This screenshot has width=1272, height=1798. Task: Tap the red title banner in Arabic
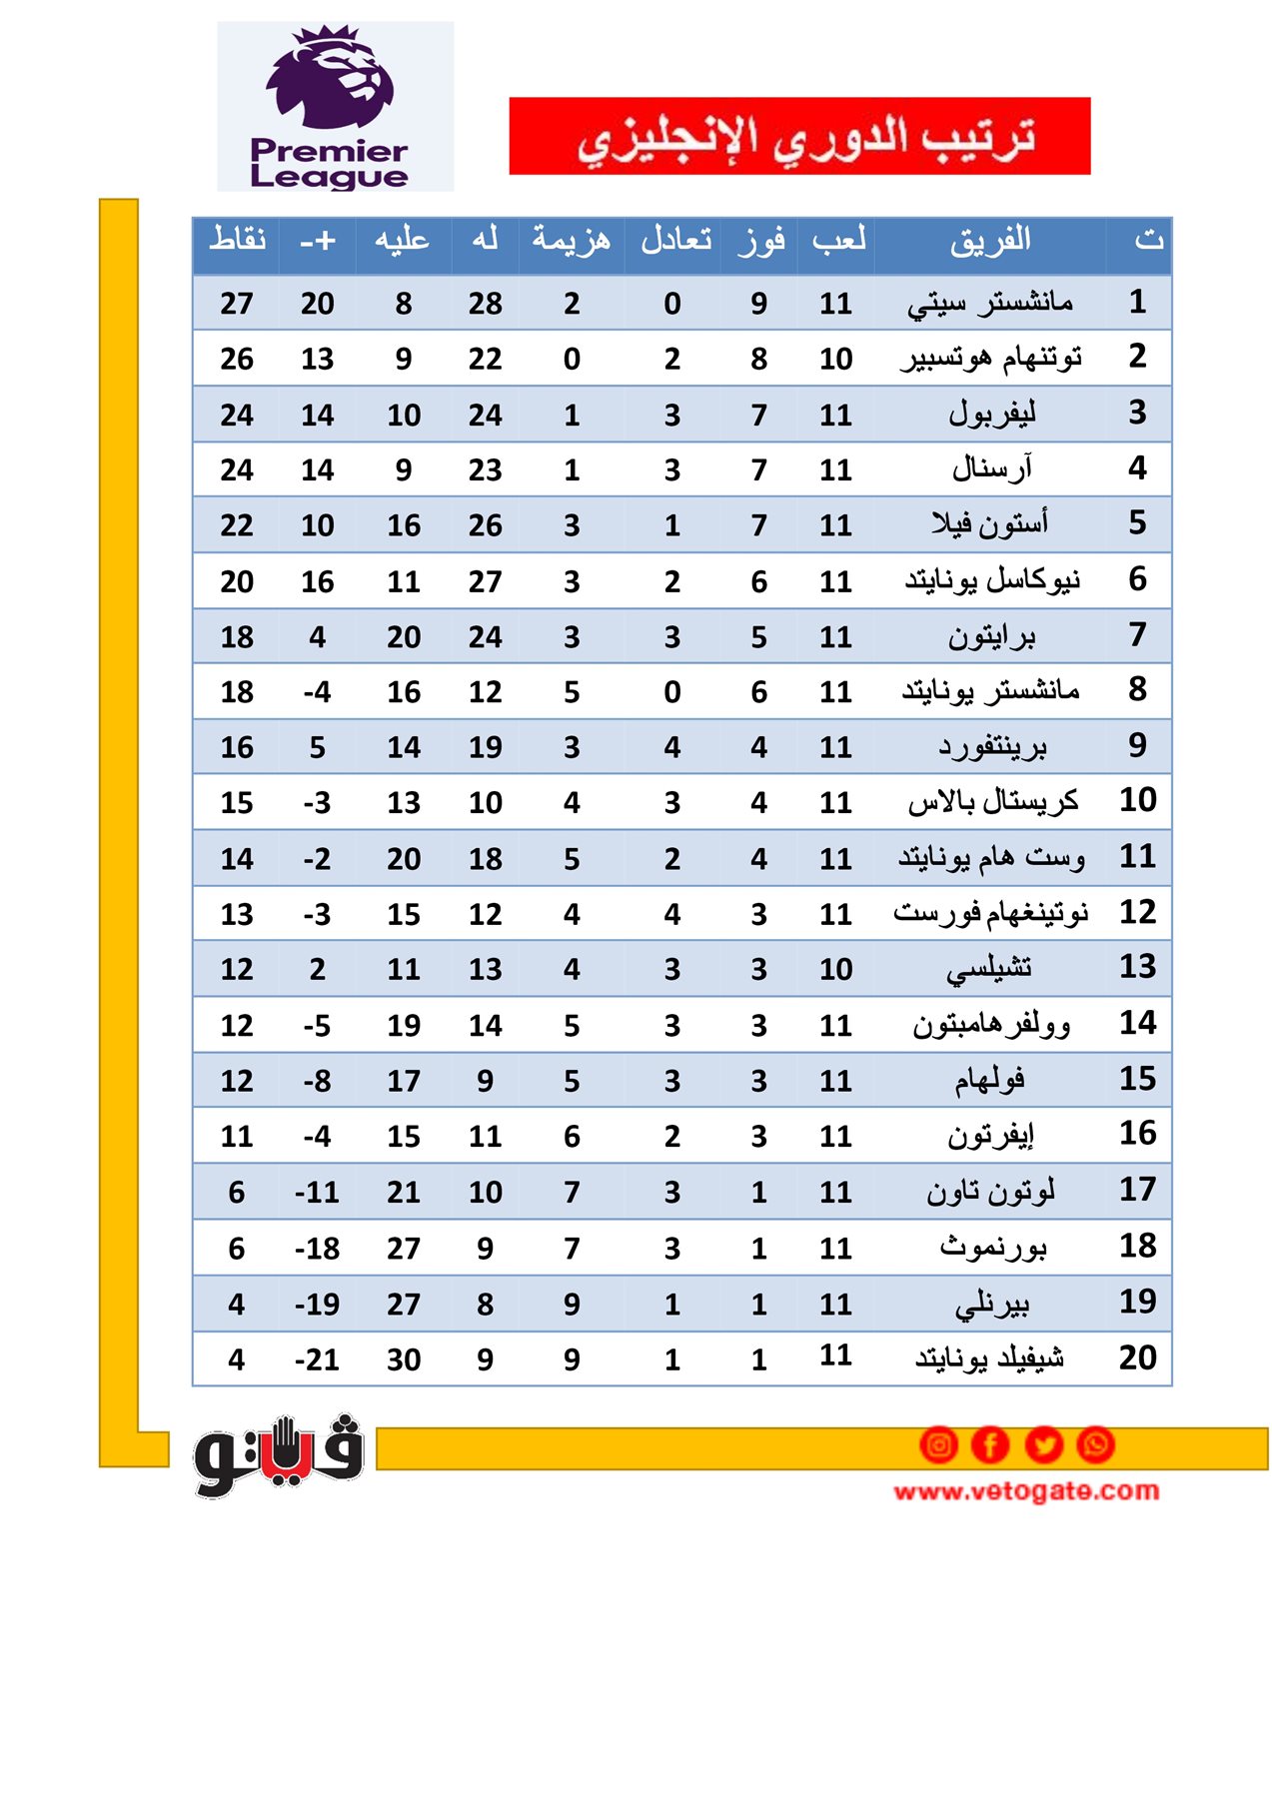pyautogui.click(x=799, y=136)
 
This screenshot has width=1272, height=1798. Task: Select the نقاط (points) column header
pyautogui.click(x=237, y=240)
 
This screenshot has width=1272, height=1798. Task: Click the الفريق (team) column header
pyautogui.click(x=990, y=241)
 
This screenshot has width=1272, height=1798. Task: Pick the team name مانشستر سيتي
pyautogui.click(x=990, y=303)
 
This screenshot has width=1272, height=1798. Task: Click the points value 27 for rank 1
pyautogui.click(x=237, y=304)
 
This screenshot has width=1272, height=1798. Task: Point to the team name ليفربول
pyautogui.click(x=992, y=414)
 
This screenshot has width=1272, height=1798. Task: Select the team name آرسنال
pyautogui.click(x=992, y=468)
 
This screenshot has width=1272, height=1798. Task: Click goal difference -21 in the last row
pyautogui.click(x=317, y=1359)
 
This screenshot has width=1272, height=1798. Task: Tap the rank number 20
pyautogui.click(x=1137, y=1357)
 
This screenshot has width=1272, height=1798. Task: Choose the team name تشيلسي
pyautogui.click(x=989, y=968)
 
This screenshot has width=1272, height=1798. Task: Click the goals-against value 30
pyautogui.click(x=404, y=1359)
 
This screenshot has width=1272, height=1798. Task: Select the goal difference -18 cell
pyautogui.click(x=317, y=1249)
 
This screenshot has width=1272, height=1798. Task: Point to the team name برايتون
pyautogui.click(x=992, y=636)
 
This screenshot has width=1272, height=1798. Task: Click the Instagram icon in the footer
pyautogui.click(x=938, y=1444)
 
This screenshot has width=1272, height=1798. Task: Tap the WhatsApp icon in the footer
pyautogui.click(x=1096, y=1444)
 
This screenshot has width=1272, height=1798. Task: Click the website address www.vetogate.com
pyautogui.click(x=1026, y=1491)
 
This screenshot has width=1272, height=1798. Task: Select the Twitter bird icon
pyautogui.click(x=1044, y=1444)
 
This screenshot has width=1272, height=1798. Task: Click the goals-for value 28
pyautogui.click(x=485, y=304)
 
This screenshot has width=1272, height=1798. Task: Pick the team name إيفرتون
pyautogui.click(x=991, y=1136)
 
